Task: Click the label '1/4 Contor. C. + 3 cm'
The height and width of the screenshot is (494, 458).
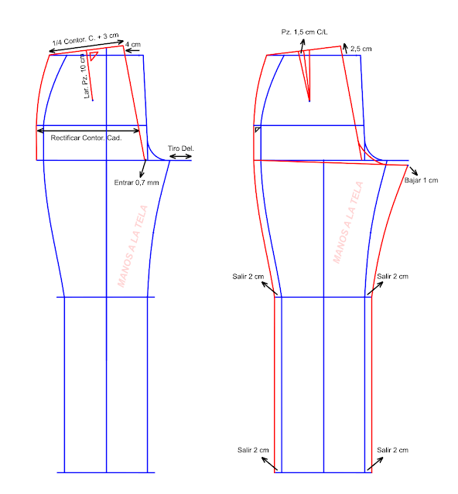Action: click(x=85, y=39)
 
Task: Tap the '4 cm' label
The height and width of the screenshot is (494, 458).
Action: click(x=133, y=44)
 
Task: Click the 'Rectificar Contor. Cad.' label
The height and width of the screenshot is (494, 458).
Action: click(x=86, y=138)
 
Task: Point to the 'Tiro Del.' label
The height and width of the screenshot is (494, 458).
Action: click(x=180, y=148)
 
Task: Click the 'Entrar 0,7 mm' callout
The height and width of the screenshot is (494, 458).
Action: click(x=136, y=182)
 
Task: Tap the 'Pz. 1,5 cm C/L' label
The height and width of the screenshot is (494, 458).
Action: click(x=305, y=32)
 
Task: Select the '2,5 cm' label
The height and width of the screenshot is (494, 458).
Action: click(x=361, y=49)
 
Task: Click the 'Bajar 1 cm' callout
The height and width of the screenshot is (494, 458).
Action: click(x=421, y=180)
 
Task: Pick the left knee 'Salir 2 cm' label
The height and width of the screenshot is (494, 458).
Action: click(x=248, y=277)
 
